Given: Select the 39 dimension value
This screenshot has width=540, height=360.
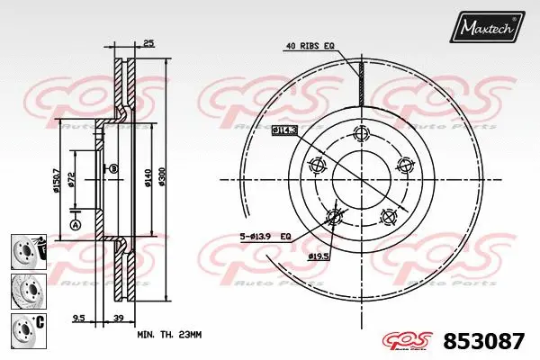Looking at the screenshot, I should (118, 318).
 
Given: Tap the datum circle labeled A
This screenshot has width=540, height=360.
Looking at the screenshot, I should (75, 223).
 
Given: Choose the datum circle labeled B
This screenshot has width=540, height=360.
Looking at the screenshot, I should (114, 168).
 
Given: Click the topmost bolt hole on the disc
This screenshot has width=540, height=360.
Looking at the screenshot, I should (362, 135).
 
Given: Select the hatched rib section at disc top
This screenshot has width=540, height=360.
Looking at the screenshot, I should (360, 81).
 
